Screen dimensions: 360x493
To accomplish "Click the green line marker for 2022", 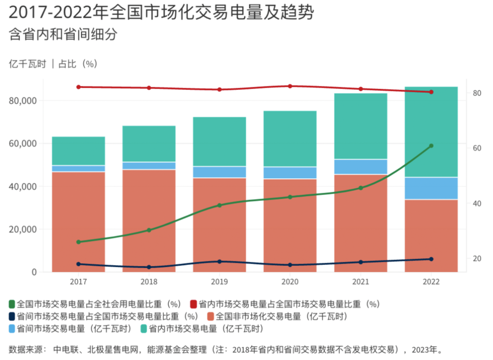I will coord(431,146).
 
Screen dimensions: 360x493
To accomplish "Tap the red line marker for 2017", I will coord(79,87).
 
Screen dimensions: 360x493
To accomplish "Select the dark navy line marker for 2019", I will coord(220,262).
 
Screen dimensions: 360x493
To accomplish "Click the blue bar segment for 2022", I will coord(431,188).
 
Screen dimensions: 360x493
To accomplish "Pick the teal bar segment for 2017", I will coord(79,151).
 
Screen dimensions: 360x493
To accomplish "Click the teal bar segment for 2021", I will coord(361,126).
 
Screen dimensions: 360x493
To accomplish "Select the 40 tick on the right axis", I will coord(477,203).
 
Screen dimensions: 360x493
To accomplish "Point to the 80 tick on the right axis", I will coord(477,93).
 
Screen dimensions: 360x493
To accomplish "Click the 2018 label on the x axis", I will coord(149,282).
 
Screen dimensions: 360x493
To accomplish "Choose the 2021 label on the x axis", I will coord(361,282).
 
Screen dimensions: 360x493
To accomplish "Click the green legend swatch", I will coord(12,304).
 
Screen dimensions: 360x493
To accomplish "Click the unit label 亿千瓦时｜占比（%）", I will coord(53,64).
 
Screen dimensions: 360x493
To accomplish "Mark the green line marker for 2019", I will coord(220,205).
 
